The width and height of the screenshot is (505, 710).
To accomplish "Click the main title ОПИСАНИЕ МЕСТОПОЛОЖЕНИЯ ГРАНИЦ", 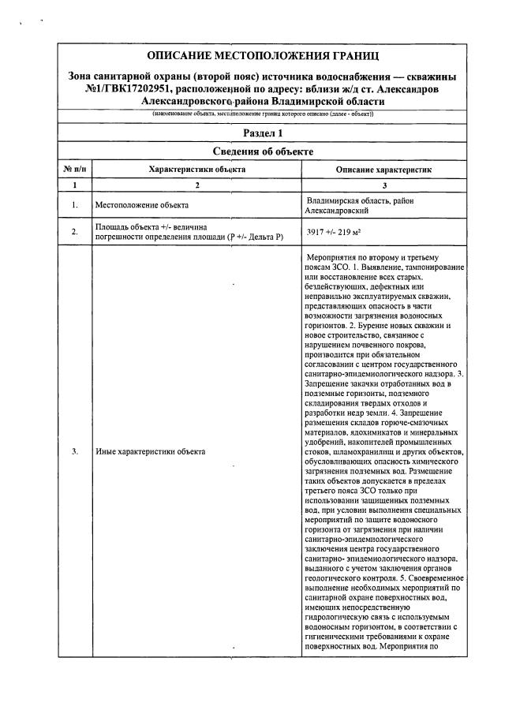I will click(x=264, y=55).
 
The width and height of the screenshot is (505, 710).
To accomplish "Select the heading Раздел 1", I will click(x=264, y=133).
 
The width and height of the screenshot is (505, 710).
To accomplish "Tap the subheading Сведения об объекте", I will click(x=264, y=151).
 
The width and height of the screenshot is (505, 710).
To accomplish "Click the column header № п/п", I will click(x=74, y=169).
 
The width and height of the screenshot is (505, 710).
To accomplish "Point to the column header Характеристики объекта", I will click(x=196, y=169).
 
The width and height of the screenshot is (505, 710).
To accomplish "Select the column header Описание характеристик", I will click(x=383, y=170).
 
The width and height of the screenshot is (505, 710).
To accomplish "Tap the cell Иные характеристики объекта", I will click(x=150, y=451).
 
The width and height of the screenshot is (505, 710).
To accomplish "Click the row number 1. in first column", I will click(x=74, y=205).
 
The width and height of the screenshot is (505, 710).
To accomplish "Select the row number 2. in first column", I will click(x=74, y=232).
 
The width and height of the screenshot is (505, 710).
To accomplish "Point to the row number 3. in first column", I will click(x=74, y=451).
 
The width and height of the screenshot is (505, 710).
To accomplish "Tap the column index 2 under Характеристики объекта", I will click(x=196, y=185).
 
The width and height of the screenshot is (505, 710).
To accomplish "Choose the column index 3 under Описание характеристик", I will click(x=383, y=185).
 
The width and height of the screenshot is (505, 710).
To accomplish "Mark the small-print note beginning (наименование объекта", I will click(x=264, y=114).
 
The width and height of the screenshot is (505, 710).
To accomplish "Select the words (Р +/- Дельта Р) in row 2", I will click(x=254, y=237).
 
